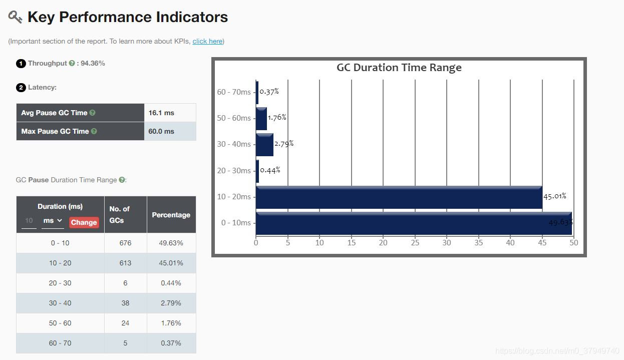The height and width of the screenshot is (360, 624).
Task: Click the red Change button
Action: point(84,222)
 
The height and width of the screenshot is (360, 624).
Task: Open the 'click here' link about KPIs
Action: point(207,41)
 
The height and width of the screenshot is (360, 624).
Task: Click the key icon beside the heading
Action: point(15,17)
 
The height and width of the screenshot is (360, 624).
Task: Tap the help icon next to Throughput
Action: point(72,63)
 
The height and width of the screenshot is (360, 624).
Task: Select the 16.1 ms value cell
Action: point(170,113)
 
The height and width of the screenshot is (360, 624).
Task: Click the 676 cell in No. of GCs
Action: point(125,243)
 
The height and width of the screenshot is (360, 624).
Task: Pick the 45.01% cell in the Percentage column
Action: point(171,263)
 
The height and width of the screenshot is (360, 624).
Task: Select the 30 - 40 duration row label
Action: point(60,303)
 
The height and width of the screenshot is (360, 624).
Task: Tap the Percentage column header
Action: point(171,215)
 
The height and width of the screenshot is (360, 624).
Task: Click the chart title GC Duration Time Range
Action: point(399,68)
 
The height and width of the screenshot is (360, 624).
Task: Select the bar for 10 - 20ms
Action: point(399,197)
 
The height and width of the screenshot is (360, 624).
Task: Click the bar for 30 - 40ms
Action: point(264,145)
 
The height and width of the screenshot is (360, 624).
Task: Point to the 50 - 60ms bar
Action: point(261,119)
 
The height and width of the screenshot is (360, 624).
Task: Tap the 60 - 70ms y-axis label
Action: point(234,92)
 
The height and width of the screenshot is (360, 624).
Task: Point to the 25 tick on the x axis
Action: point(415,243)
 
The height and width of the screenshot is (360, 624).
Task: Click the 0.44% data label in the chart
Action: point(270,170)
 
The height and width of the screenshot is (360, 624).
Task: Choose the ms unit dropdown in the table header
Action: point(53,221)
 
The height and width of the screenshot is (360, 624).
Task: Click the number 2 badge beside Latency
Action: point(21,88)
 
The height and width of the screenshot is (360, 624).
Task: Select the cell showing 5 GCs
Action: point(125,343)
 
